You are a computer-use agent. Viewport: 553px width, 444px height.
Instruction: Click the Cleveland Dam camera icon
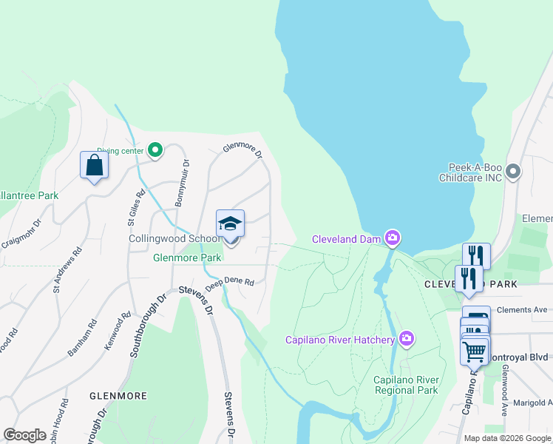point(393,238)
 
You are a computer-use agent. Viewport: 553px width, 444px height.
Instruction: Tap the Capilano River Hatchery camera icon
point(406,339)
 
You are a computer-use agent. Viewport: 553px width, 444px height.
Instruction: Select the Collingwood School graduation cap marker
point(230,224)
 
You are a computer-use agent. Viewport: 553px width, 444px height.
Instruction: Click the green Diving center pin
point(155,150)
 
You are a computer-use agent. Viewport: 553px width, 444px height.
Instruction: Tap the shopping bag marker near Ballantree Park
point(94,164)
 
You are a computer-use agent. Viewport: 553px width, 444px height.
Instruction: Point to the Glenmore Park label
point(187,258)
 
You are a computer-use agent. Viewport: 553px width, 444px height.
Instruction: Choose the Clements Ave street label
point(522,310)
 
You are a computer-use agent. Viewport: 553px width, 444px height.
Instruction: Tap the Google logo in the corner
point(24,435)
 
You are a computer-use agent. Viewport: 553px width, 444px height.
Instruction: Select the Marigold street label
point(530,403)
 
